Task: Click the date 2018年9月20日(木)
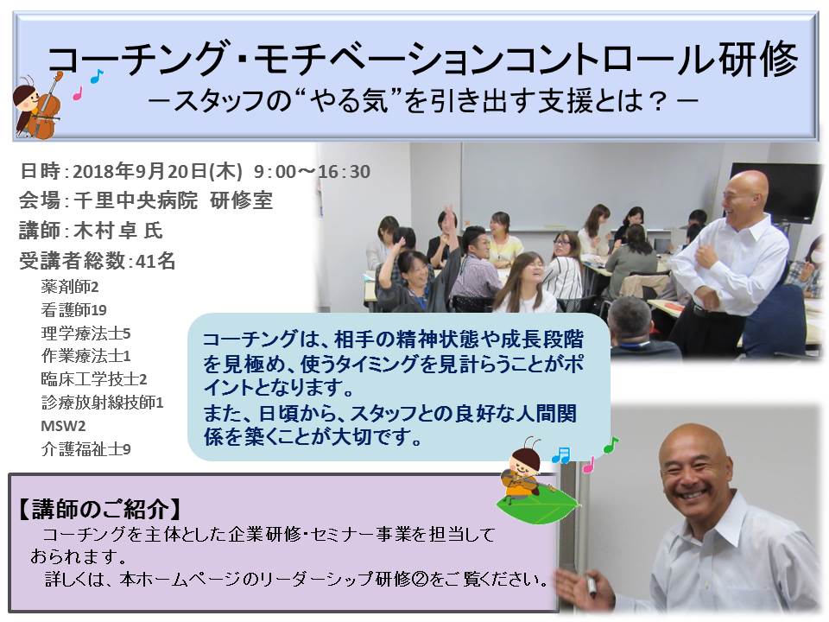(x=157, y=171)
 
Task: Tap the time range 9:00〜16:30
(x=312, y=171)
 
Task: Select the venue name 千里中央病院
(x=136, y=200)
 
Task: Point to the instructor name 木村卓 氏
(x=118, y=230)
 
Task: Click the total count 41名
(x=155, y=260)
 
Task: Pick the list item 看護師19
(x=74, y=309)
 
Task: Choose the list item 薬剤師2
(x=70, y=287)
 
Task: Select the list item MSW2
(x=63, y=426)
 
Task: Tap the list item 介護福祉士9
(x=85, y=449)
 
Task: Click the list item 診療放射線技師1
(x=103, y=403)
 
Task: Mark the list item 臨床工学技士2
(x=94, y=378)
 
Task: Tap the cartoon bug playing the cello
(x=36, y=105)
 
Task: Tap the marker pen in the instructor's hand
(x=591, y=586)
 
